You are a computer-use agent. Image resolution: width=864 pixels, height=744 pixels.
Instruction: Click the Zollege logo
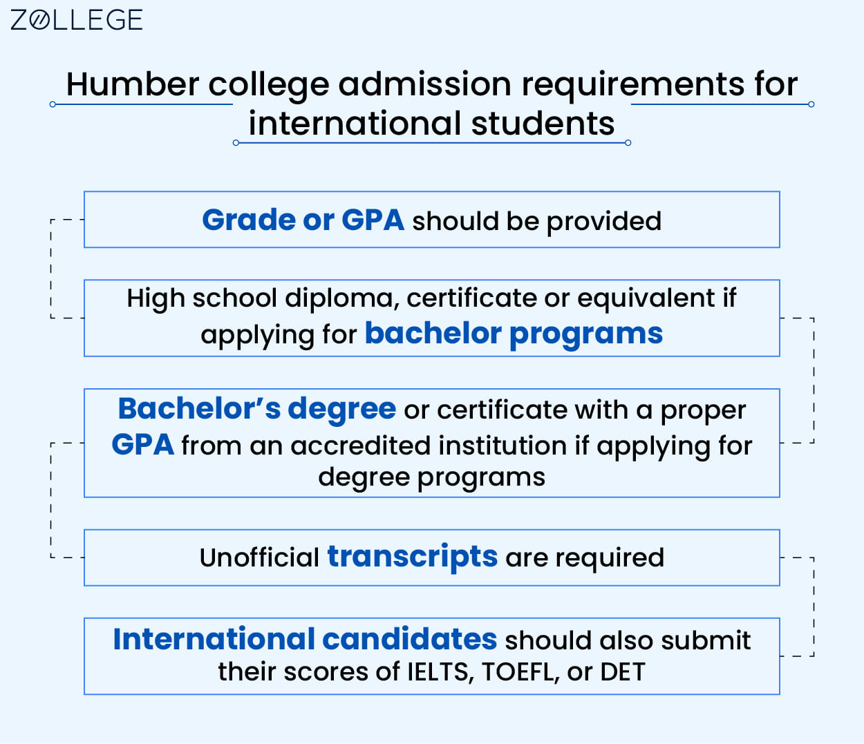click(76, 19)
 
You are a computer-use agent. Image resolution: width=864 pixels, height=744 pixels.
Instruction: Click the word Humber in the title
click(132, 85)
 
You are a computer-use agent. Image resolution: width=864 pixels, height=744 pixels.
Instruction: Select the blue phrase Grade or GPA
click(303, 220)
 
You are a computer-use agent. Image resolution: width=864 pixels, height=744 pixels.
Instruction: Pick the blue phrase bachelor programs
click(514, 334)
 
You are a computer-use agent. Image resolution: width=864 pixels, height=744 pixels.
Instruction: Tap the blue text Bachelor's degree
click(256, 409)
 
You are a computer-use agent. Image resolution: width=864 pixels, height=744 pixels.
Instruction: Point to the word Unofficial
click(259, 557)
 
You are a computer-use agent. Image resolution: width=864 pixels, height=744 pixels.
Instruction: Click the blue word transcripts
click(412, 557)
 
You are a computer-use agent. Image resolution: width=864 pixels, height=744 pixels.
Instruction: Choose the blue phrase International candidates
click(305, 640)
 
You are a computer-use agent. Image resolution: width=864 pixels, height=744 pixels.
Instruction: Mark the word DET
click(622, 672)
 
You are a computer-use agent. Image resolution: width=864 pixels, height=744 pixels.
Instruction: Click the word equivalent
click(646, 298)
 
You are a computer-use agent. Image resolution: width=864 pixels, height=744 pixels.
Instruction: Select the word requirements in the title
click(632, 85)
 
